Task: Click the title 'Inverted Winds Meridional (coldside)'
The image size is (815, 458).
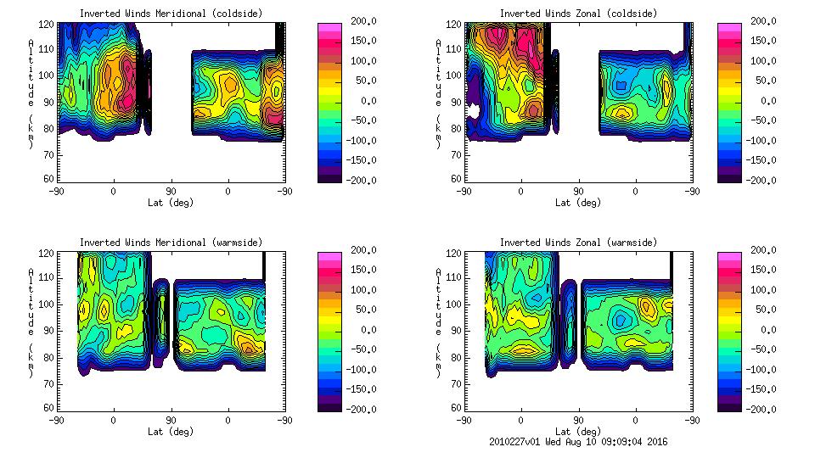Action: [x=171, y=14]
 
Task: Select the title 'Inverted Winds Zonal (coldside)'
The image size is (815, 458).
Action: [x=578, y=14]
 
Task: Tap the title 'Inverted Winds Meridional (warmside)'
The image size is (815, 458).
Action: [x=171, y=243]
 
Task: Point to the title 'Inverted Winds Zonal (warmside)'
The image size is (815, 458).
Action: [x=578, y=243]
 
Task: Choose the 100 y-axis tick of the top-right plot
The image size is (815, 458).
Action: [x=456, y=75]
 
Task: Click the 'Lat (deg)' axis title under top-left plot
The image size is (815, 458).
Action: [x=171, y=203]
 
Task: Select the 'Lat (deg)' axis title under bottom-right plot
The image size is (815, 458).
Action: [x=578, y=432]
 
